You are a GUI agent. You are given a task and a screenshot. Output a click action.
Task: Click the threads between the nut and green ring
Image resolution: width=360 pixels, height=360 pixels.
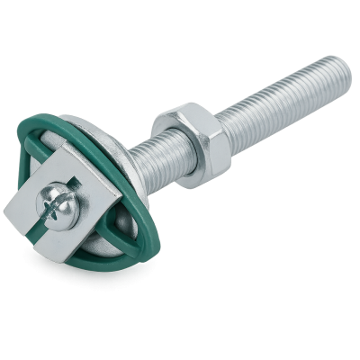click(147, 157)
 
